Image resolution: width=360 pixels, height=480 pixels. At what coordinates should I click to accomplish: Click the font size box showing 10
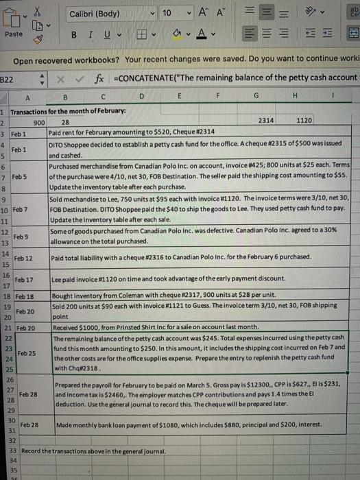pos(167,14)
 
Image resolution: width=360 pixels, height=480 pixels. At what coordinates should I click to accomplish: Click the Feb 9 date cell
pos(18,236)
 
